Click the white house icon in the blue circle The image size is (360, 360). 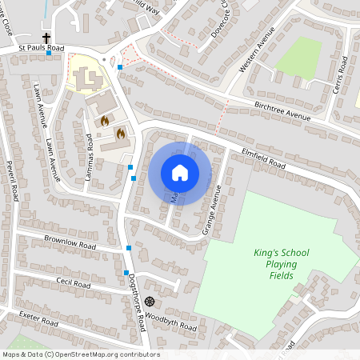pos(180,172)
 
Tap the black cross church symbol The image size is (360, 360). pos(46,38)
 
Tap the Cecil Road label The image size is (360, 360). pos(73,284)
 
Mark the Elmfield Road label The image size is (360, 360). pos(263,158)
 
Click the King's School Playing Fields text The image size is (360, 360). pos(281,264)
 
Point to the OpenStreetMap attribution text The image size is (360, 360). pos(80,354)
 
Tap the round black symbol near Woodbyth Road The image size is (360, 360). pos(149,302)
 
